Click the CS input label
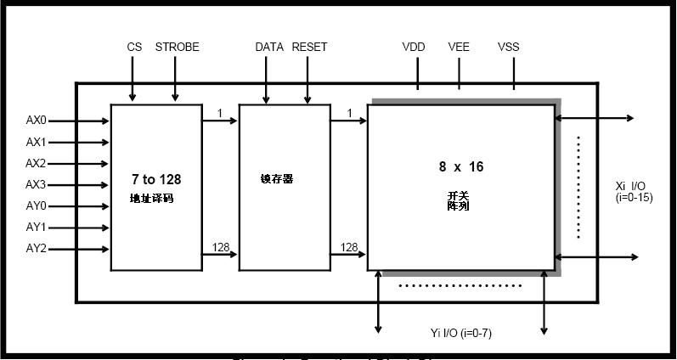(134, 48)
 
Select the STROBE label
(177, 48)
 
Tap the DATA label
(269, 48)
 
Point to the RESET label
(309, 48)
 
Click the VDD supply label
(414, 48)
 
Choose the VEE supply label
(459, 48)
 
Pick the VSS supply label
(509, 48)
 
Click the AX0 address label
(36, 121)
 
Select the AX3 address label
(36, 184)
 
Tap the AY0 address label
(36, 205)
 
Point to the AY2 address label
(36, 249)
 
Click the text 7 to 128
(156, 179)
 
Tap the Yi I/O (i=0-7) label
(461, 333)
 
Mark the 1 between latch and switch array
(349, 113)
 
